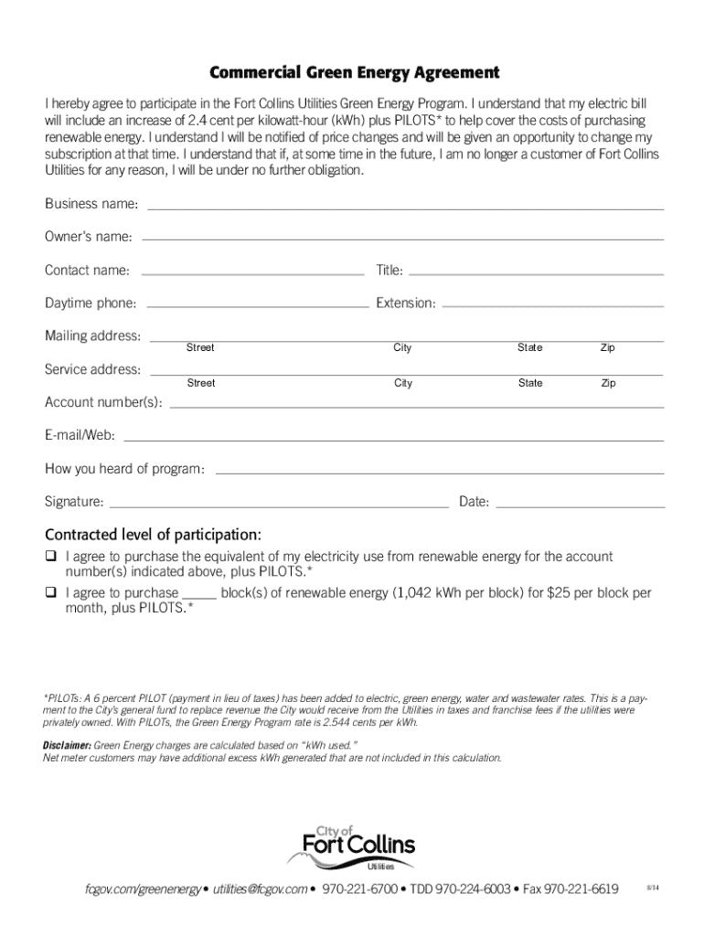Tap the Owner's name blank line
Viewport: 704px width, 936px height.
click(402, 240)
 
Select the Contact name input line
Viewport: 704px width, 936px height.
click(252, 272)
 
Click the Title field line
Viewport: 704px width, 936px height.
click(536, 272)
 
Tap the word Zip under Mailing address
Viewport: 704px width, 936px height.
click(607, 348)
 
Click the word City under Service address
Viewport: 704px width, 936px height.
click(403, 383)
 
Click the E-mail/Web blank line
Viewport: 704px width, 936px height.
click(393, 439)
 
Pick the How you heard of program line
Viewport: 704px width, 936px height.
click(438, 472)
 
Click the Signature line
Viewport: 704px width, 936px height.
click(278, 505)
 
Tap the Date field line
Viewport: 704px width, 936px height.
click(580, 505)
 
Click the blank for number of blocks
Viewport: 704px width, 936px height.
click(199, 595)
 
